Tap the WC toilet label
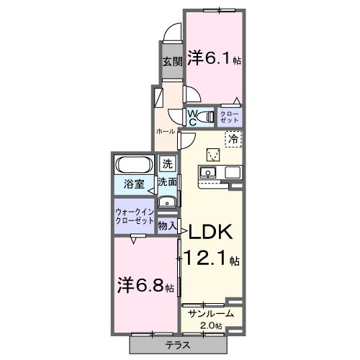coord(194,116)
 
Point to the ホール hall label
coord(165,132)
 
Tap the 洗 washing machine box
coord(167,163)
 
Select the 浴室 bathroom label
coord(131,183)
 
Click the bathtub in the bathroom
coord(133,163)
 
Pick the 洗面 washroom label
coord(167,182)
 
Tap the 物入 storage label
coord(166,226)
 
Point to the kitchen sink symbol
coord(208,173)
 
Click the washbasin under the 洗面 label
coord(167,201)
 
